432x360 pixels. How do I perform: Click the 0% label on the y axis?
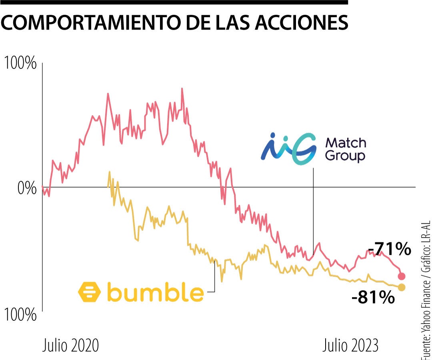(x=27, y=188)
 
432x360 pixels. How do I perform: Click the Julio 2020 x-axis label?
(x=70, y=345)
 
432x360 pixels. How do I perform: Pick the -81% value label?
(x=373, y=298)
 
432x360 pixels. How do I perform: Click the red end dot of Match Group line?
(x=402, y=276)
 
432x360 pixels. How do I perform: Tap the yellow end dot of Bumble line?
(x=402, y=287)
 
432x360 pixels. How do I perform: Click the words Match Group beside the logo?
(x=345, y=149)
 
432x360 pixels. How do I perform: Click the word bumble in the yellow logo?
(x=155, y=293)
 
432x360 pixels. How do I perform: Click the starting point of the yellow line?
(x=109, y=172)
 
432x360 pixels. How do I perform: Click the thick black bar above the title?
(x=174, y=2)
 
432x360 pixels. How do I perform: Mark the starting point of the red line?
(x=42, y=187)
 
